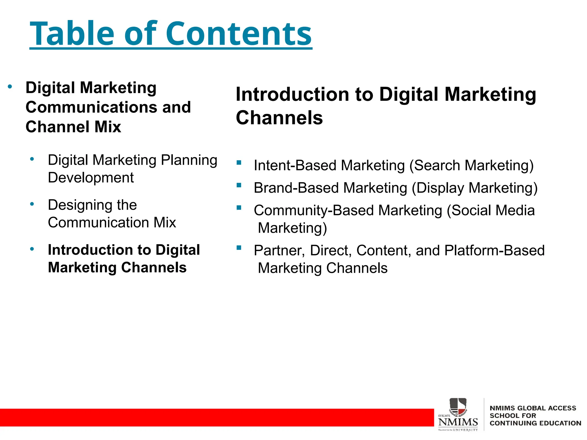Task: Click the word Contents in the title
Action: (238, 34)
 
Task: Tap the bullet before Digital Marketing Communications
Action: (10, 87)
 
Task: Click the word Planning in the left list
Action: (189, 160)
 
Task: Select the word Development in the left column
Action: (91, 178)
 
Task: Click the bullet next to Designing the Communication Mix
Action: (32, 204)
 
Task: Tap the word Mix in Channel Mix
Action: (108, 127)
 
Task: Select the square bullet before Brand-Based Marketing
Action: (239, 185)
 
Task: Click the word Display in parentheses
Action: (440, 188)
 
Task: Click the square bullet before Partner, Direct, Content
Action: (239, 248)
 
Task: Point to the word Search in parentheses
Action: (437, 166)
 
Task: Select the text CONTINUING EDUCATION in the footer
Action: (535, 423)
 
